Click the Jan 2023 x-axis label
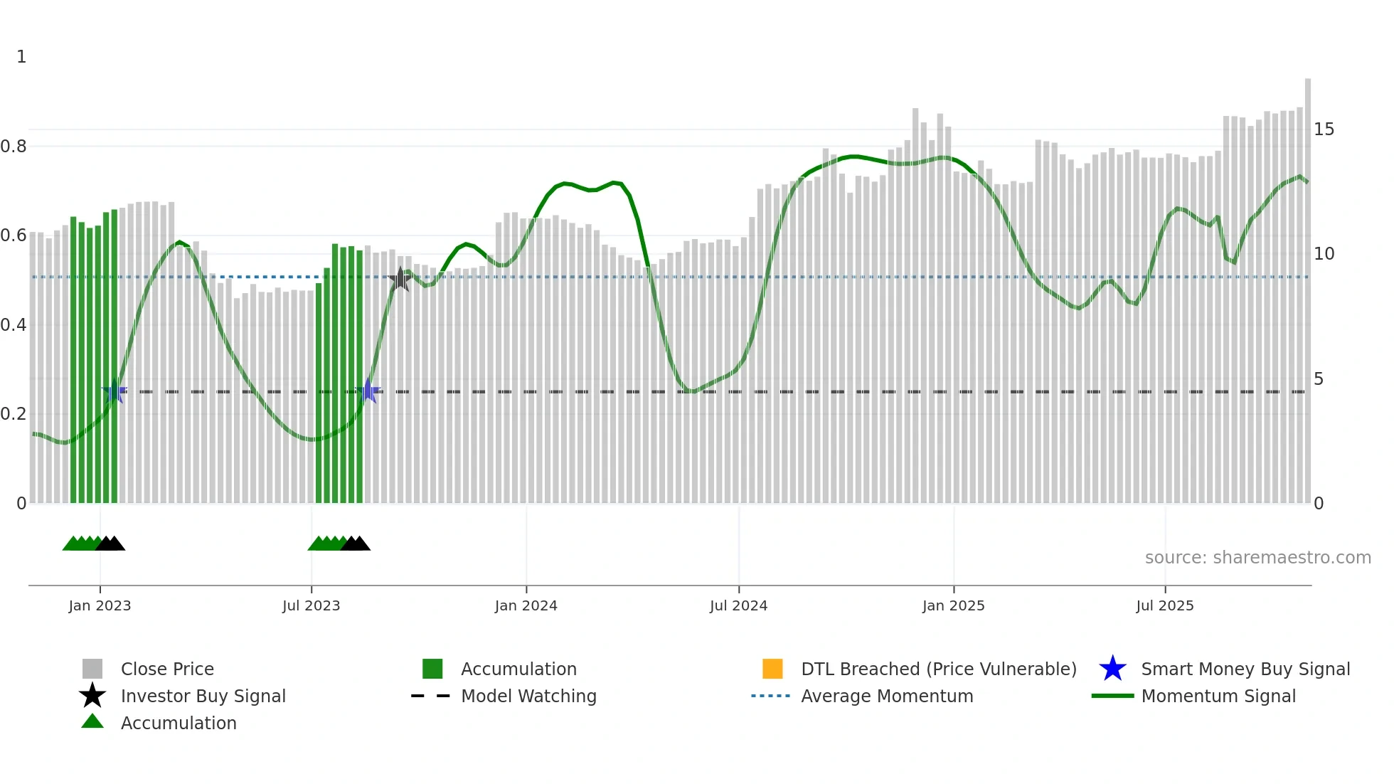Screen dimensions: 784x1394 click(100, 605)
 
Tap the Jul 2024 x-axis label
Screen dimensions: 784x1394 click(738, 605)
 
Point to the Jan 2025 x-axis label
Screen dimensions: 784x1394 click(953, 605)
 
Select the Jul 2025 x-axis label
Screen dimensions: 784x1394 click(1164, 605)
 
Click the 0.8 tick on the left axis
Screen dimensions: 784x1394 click(14, 147)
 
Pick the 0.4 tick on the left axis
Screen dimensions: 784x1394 click(14, 325)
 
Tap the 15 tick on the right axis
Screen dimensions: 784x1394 click(1324, 129)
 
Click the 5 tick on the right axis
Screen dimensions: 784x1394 click(1319, 379)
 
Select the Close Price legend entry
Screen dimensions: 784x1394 click(167, 669)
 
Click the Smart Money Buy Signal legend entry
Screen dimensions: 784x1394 click(1245, 669)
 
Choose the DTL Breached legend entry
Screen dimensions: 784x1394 click(938, 669)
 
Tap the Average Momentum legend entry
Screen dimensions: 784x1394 click(886, 696)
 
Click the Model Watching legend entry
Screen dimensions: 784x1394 click(528, 696)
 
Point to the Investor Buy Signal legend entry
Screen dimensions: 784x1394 click(203, 696)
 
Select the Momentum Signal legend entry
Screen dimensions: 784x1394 click(1218, 696)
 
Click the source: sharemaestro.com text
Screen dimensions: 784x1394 click(1257, 557)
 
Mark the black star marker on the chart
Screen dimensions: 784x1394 click(400, 280)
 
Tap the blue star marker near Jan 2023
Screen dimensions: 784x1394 click(115, 391)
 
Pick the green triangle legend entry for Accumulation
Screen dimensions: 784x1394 click(178, 723)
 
